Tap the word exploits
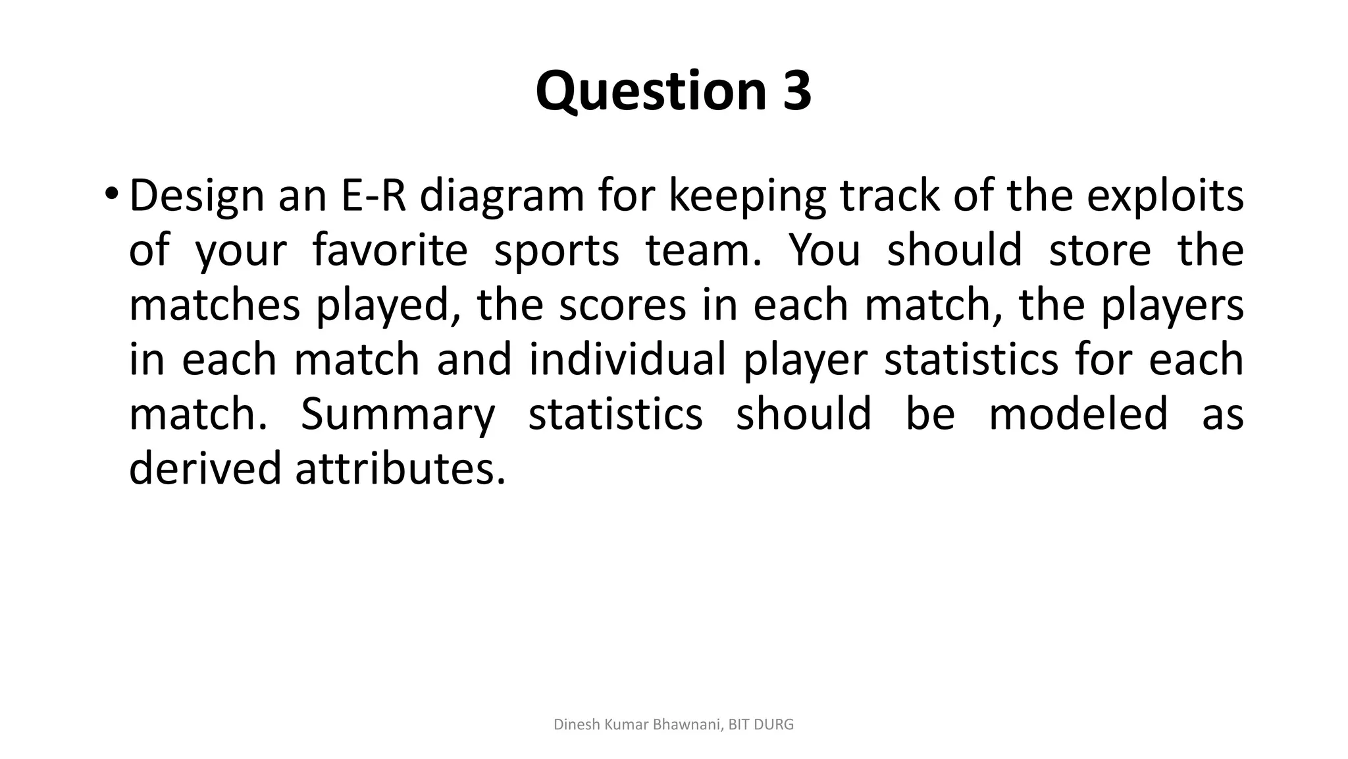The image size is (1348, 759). click(1164, 196)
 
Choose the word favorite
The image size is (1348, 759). click(390, 250)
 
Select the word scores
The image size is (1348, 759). click(622, 305)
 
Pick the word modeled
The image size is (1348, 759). click(1078, 414)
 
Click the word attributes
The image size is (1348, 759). click(400, 468)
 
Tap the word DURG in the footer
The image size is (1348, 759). click(774, 725)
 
